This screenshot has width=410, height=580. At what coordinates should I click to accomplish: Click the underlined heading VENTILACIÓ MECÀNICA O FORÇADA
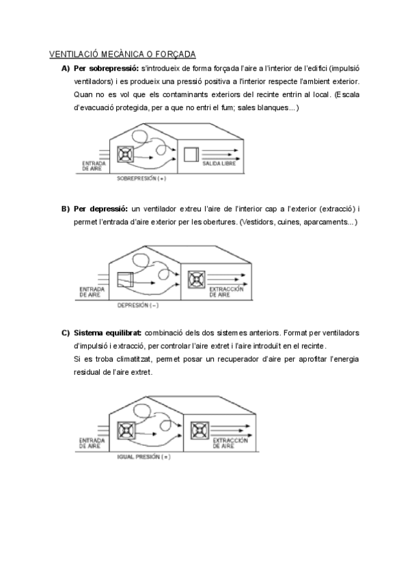coord(122,54)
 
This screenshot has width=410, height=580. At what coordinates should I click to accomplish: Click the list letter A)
coord(66,68)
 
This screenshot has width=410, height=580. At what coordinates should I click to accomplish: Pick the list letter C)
coord(66,332)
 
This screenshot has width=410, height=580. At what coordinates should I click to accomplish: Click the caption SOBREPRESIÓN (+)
coord(141,179)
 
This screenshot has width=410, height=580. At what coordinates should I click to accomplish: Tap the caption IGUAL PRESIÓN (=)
coord(143,455)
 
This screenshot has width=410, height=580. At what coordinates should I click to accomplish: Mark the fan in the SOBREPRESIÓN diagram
coord(126,155)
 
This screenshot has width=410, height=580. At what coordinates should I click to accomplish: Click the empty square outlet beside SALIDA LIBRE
coord(191,155)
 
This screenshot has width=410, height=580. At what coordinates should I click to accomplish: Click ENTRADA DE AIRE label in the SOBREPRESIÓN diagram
coord(92,166)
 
